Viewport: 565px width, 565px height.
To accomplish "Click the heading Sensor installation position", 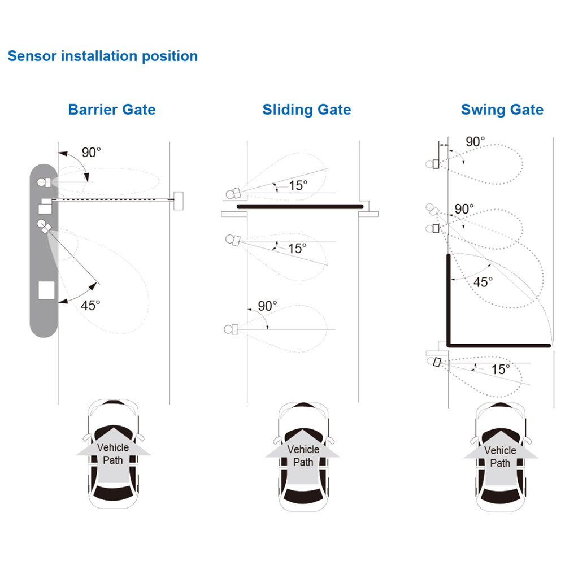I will [102, 56].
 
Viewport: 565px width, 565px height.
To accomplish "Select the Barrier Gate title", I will [112, 109].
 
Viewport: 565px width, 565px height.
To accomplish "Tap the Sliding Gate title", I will [306, 110].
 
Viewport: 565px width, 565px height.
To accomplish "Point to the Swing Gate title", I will [502, 110].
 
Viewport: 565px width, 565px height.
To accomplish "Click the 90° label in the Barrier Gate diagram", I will [92, 152].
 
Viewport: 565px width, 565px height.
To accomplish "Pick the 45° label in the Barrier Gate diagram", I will [90, 305].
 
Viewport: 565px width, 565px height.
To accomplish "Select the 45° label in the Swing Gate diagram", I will [483, 282].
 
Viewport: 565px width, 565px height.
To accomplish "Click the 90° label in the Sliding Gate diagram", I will [267, 306].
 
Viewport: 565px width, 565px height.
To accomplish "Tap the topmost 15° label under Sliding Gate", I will [298, 185].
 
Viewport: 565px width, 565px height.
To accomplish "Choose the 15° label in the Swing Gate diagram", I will [501, 370].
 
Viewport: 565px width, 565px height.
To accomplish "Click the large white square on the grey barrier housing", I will [46, 290].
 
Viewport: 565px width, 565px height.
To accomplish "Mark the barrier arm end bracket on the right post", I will [179, 199].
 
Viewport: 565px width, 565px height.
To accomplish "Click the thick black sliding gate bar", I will [299, 206].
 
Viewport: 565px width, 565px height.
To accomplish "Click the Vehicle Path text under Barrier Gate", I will [113, 453].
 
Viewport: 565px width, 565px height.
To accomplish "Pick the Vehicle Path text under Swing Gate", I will [500, 457].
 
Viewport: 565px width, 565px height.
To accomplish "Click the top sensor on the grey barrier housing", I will [44, 182].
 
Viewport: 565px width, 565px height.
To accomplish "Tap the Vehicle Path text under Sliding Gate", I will [303, 455].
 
